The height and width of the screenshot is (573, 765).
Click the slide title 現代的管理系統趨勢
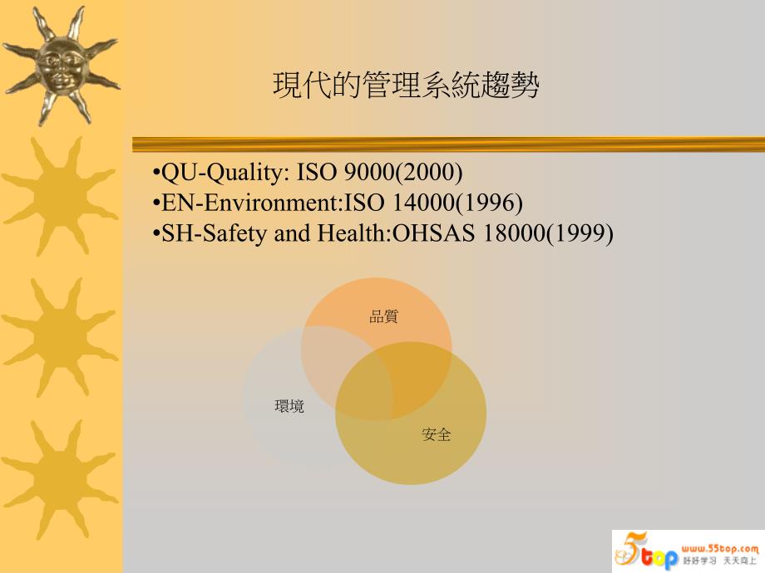[406, 86]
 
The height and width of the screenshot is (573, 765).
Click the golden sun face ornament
[61, 66]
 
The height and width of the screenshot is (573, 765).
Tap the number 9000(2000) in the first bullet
[403, 172]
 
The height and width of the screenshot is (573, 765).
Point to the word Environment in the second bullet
[271, 203]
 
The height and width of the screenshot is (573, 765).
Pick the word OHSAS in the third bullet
[433, 233]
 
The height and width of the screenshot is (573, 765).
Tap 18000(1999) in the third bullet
[548, 234]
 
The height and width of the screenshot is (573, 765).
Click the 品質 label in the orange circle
[383, 316]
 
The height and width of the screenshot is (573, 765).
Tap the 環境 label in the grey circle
[289, 406]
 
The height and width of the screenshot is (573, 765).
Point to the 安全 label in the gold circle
[437, 434]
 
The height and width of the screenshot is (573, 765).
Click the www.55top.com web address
[719, 549]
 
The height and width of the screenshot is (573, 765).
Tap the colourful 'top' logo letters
[659, 557]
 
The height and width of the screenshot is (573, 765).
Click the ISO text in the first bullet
[316, 173]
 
